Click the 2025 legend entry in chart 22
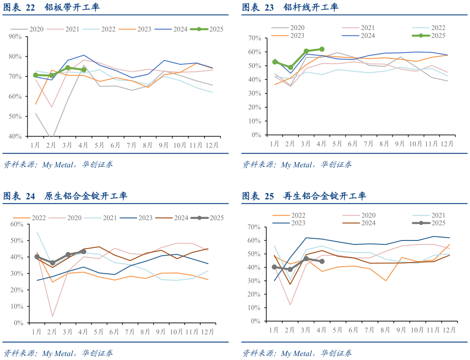(207, 29)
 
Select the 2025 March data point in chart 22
(68, 68)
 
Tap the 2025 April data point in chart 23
(321, 49)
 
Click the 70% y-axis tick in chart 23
(255, 38)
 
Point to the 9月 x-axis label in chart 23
(400, 143)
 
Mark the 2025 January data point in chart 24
(37, 257)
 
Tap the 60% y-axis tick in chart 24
(16, 224)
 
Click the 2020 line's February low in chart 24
(52, 316)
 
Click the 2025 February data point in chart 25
(290, 269)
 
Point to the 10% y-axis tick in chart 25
(255, 308)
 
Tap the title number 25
(269, 196)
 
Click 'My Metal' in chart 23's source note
(296, 165)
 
